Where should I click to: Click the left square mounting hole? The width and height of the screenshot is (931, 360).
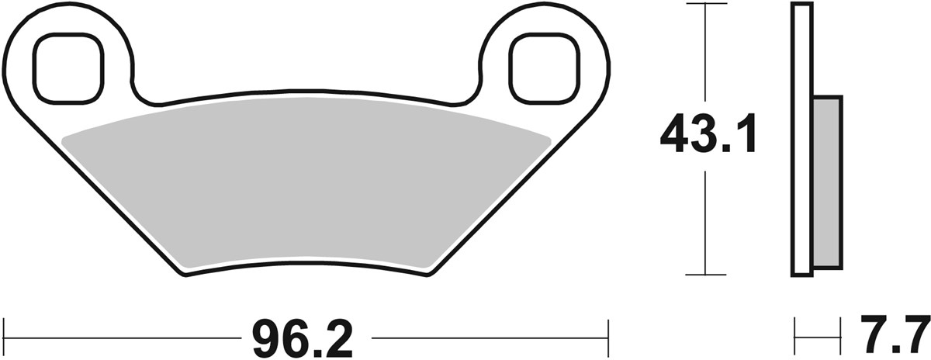pos(68,67)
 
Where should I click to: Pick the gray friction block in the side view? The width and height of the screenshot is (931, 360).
pos(827,182)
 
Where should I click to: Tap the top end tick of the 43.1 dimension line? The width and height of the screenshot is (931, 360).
pos(704,4)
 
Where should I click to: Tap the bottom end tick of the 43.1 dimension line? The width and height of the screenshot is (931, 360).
pos(704,274)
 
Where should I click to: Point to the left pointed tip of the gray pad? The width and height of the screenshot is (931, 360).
pos(64,139)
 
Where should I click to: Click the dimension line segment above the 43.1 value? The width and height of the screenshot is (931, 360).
pos(704,54)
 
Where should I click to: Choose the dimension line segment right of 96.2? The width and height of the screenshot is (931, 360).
pos(489,337)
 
